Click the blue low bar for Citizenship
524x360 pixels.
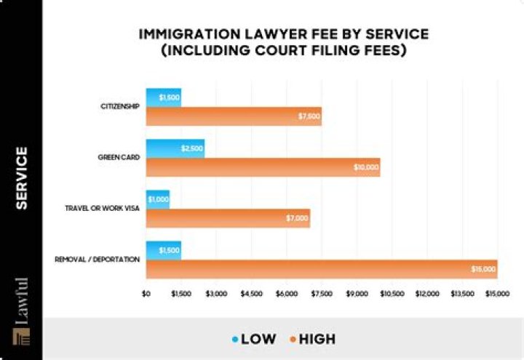(x=163, y=97)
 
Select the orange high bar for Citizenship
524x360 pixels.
(x=233, y=116)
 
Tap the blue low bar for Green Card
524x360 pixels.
(x=175, y=148)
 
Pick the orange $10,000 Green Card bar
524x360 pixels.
(x=263, y=167)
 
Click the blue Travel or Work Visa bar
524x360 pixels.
(x=157, y=199)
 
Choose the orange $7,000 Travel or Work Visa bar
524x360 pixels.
(x=228, y=218)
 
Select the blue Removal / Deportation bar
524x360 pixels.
(x=163, y=250)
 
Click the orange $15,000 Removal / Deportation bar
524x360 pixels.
(x=321, y=269)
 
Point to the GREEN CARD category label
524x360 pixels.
(x=119, y=157)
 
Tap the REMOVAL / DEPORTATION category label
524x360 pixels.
(x=97, y=259)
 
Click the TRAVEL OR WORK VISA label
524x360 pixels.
(x=103, y=208)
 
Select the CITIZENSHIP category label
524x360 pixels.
(x=120, y=107)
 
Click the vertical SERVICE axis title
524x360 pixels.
(x=22, y=178)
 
